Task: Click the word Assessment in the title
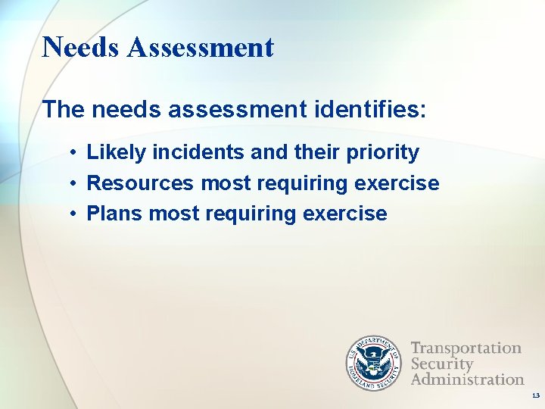click(201, 47)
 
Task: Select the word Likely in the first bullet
click(117, 153)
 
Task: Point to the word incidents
click(198, 152)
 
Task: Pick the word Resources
click(142, 183)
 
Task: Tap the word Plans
click(115, 214)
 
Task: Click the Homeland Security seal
click(374, 363)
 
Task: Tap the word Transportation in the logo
click(466, 348)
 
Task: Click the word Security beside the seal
click(442, 364)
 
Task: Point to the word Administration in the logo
click(468, 379)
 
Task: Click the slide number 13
click(536, 396)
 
